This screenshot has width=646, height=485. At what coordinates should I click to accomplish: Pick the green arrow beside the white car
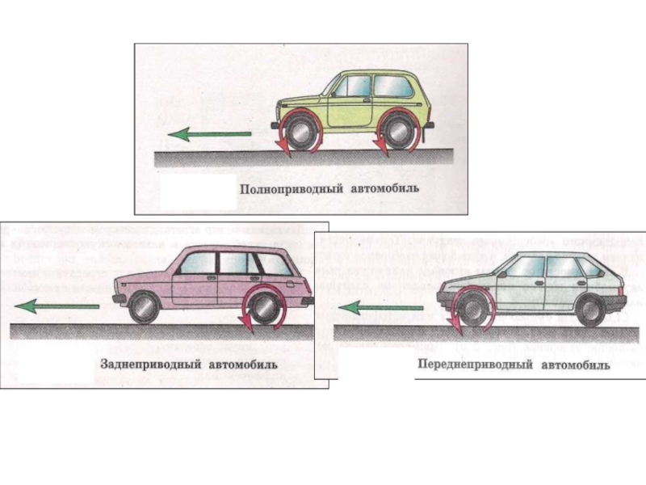pos(380,307)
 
